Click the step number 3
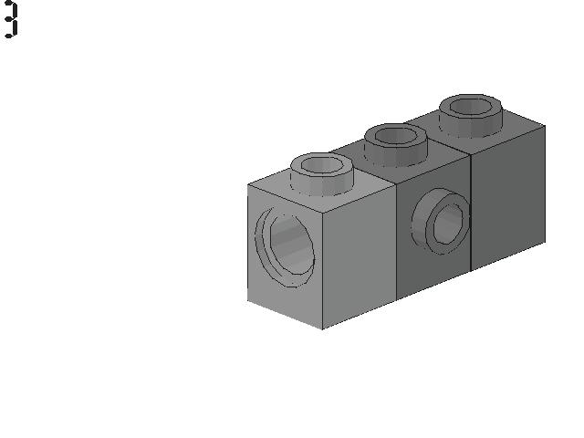click(x=11, y=19)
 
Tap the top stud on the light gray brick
click(x=322, y=174)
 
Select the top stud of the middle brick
click(x=395, y=145)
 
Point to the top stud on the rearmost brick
click(x=471, y=116)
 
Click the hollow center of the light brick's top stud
click(x=322, y=165)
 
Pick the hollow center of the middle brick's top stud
click(x=395, y=136)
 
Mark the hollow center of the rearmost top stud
click(x=471, y=107)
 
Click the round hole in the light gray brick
click(x=285, y=247)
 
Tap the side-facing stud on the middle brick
click(x=441, y=221)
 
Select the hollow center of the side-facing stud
click(x=449, y=224)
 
